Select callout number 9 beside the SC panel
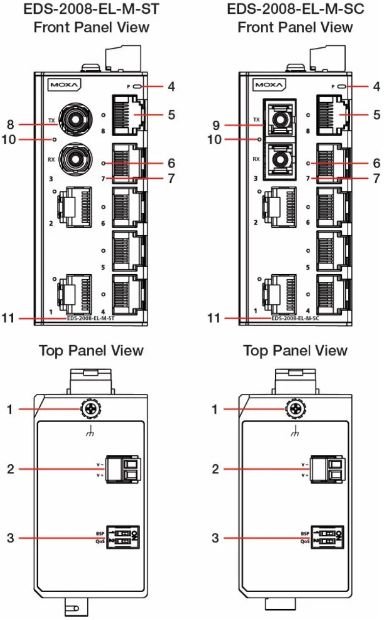pyautogui.click(x=215, y=121)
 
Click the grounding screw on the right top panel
pyautogui.click(x=293, y=409)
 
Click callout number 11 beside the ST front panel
pyautogui.click(x=10, y=318)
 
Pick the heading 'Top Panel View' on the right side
pyautogui.click(x=295, y=351)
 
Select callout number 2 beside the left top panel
pyautogui.click(x=10, y=469)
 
